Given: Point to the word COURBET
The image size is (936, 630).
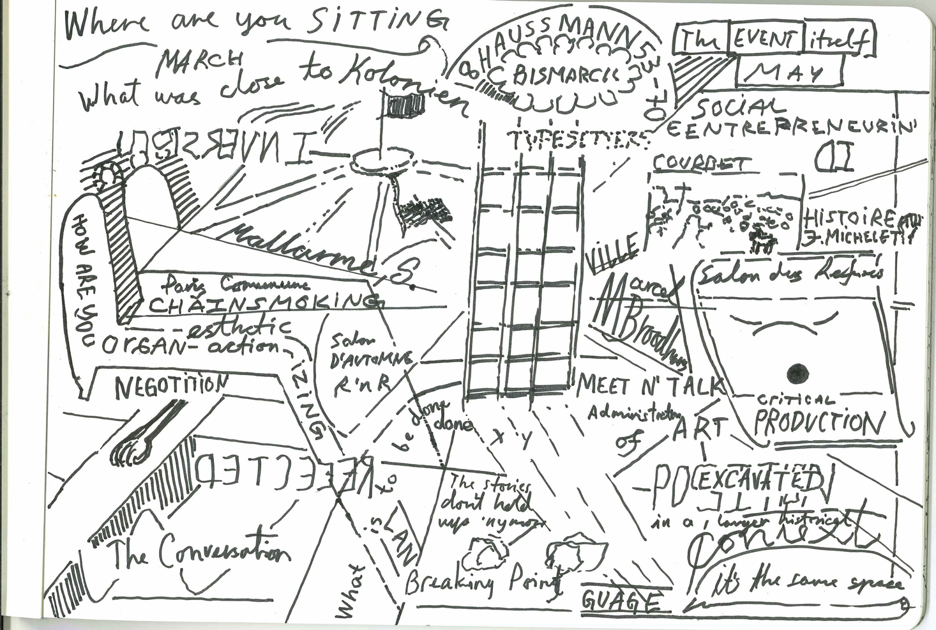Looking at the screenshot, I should (698, 164).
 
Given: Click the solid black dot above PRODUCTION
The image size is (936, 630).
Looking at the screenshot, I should (797, 372).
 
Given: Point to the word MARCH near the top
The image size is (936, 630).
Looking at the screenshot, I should (200, 61).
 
